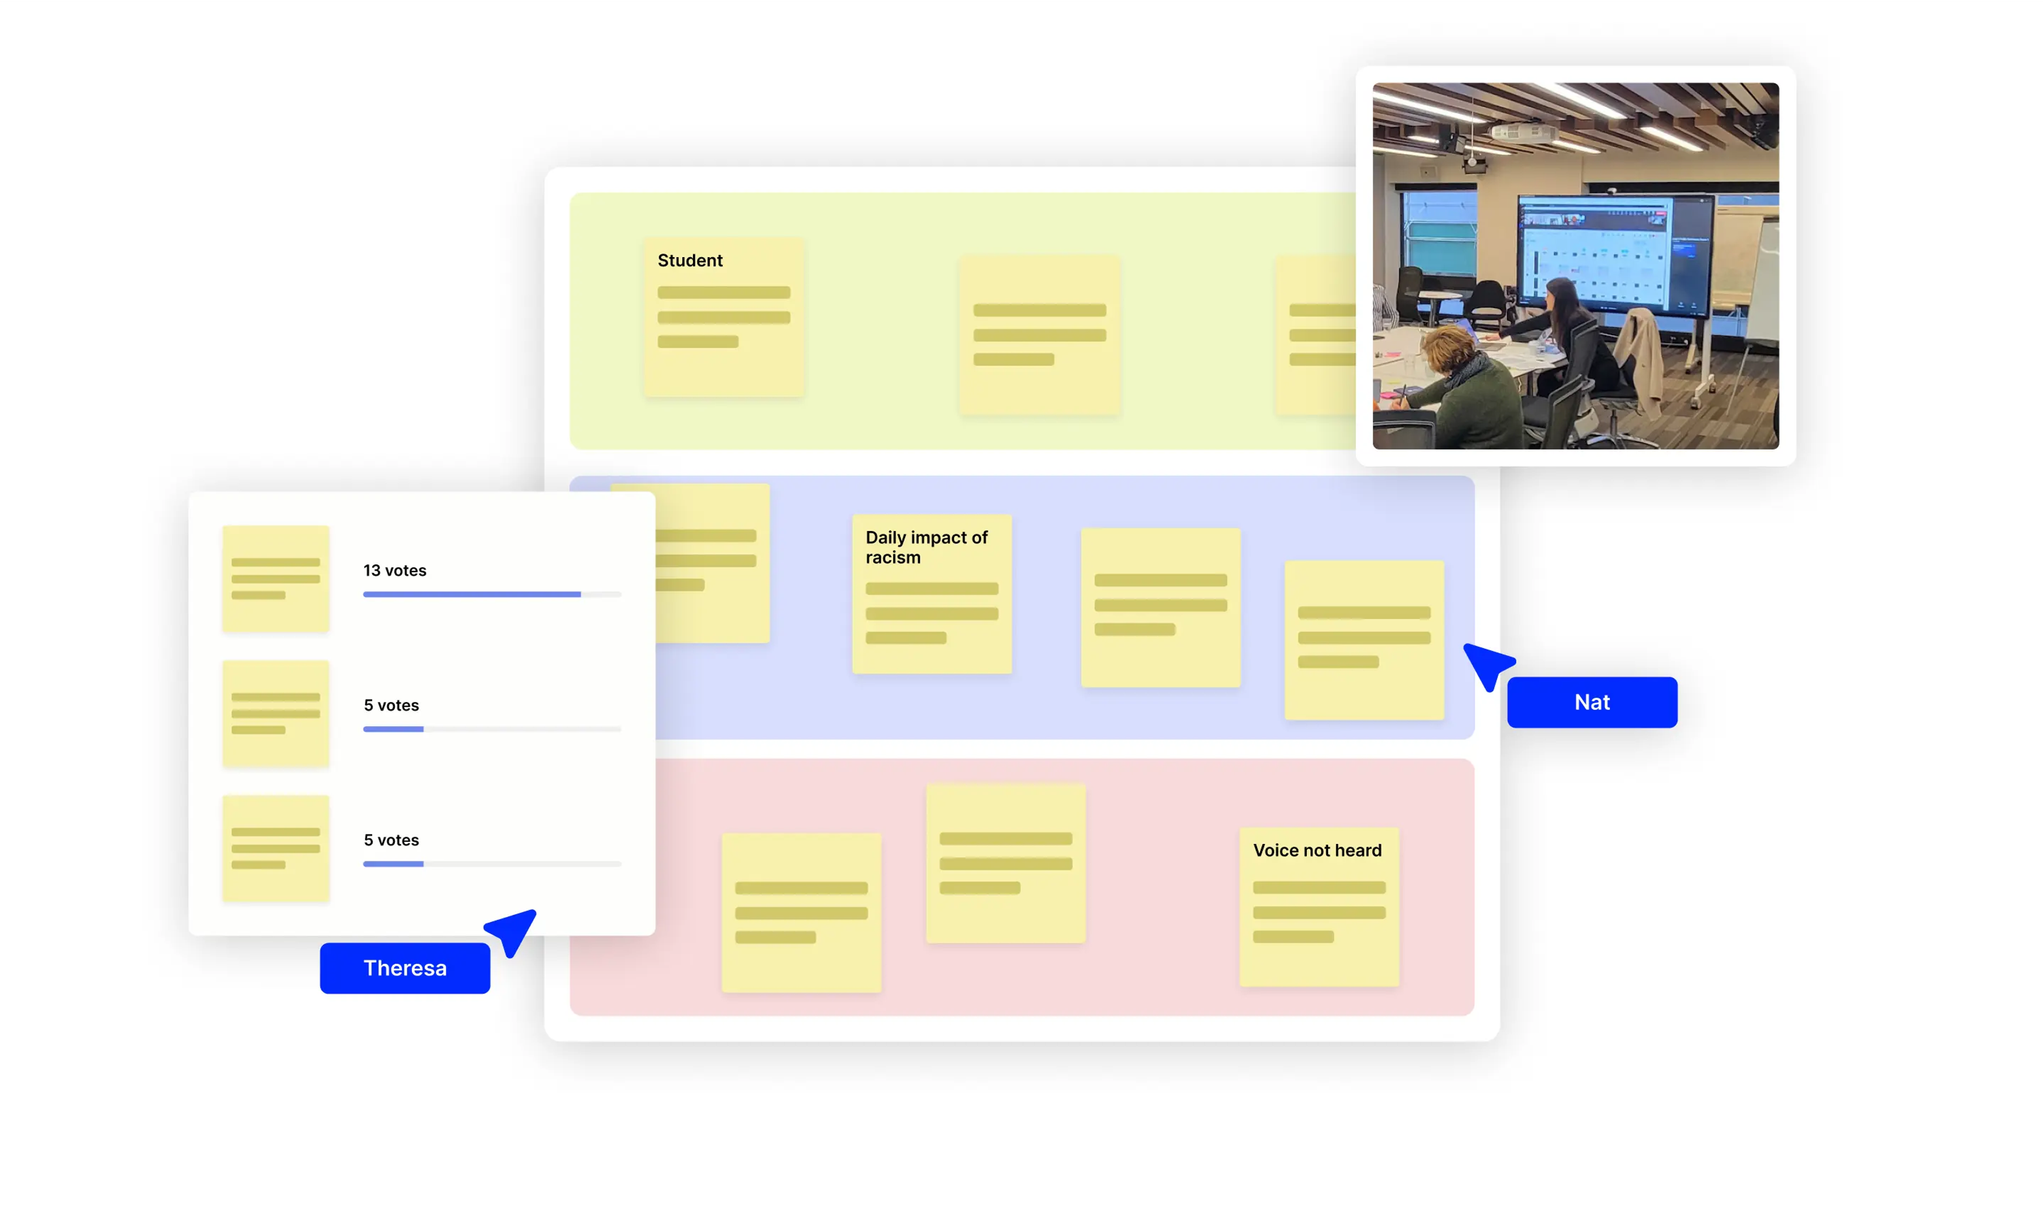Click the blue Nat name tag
tap(1592, 702)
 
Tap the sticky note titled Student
tap(723, 317)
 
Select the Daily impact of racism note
tap(932, 594)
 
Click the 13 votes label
tap(394, 570)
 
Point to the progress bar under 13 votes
tap(492, 594)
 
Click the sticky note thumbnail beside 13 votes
tap(276, 578)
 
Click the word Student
tap(690, 260)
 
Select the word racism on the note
tap(893, 558)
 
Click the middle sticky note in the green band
tap(1040, 335)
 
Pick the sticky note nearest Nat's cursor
tap(1364, 640)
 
